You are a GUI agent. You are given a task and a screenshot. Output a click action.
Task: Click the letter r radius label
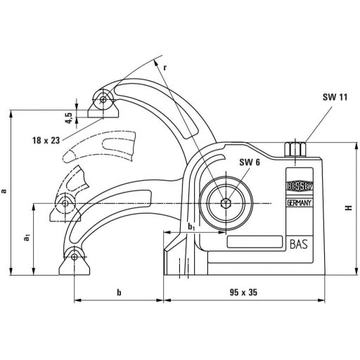(165, 67)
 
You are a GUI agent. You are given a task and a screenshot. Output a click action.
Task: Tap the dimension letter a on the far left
(6, 190)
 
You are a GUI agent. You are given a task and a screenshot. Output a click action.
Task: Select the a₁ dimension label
(26, 239)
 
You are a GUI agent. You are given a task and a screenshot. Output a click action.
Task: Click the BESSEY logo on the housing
(301, 188)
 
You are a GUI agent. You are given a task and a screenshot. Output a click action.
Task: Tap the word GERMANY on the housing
(301, 203)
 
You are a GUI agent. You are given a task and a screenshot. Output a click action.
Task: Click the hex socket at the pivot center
(224, 204)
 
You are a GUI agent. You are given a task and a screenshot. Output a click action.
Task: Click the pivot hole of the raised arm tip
(103, 99)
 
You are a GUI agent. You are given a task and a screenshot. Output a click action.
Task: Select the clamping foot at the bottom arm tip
(75, 264)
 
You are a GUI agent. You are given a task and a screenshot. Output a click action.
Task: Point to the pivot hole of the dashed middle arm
(65, 204)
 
